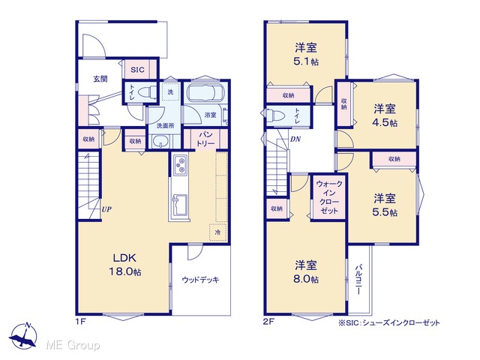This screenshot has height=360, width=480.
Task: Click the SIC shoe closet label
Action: coord(137,70)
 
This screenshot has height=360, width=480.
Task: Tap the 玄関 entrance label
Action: coord(100,79)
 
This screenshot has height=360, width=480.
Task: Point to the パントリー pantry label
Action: coord(205,139)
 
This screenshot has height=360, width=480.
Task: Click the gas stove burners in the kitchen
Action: coord(180,165)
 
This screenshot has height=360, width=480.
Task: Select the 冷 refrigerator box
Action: coord(217,232)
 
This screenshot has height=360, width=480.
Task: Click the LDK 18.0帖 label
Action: coord(125,265)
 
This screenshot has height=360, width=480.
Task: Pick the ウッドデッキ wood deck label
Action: coord(200,280)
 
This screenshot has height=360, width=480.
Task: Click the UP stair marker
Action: coord(106,210)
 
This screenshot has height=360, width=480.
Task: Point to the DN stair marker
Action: coord(295,139)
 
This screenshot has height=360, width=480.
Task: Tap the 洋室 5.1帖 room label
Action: coord(306,55)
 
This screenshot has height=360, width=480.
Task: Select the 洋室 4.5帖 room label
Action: coord(385,115)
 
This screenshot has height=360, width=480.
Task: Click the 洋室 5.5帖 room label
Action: coord(385,205)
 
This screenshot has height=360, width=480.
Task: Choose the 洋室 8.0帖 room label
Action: coord(306,272)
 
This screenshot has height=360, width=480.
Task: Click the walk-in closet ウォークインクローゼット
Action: coord(329,197)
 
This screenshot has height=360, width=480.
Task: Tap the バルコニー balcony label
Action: coord(358,280)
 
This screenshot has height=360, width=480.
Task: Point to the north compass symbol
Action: coord(23,336)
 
